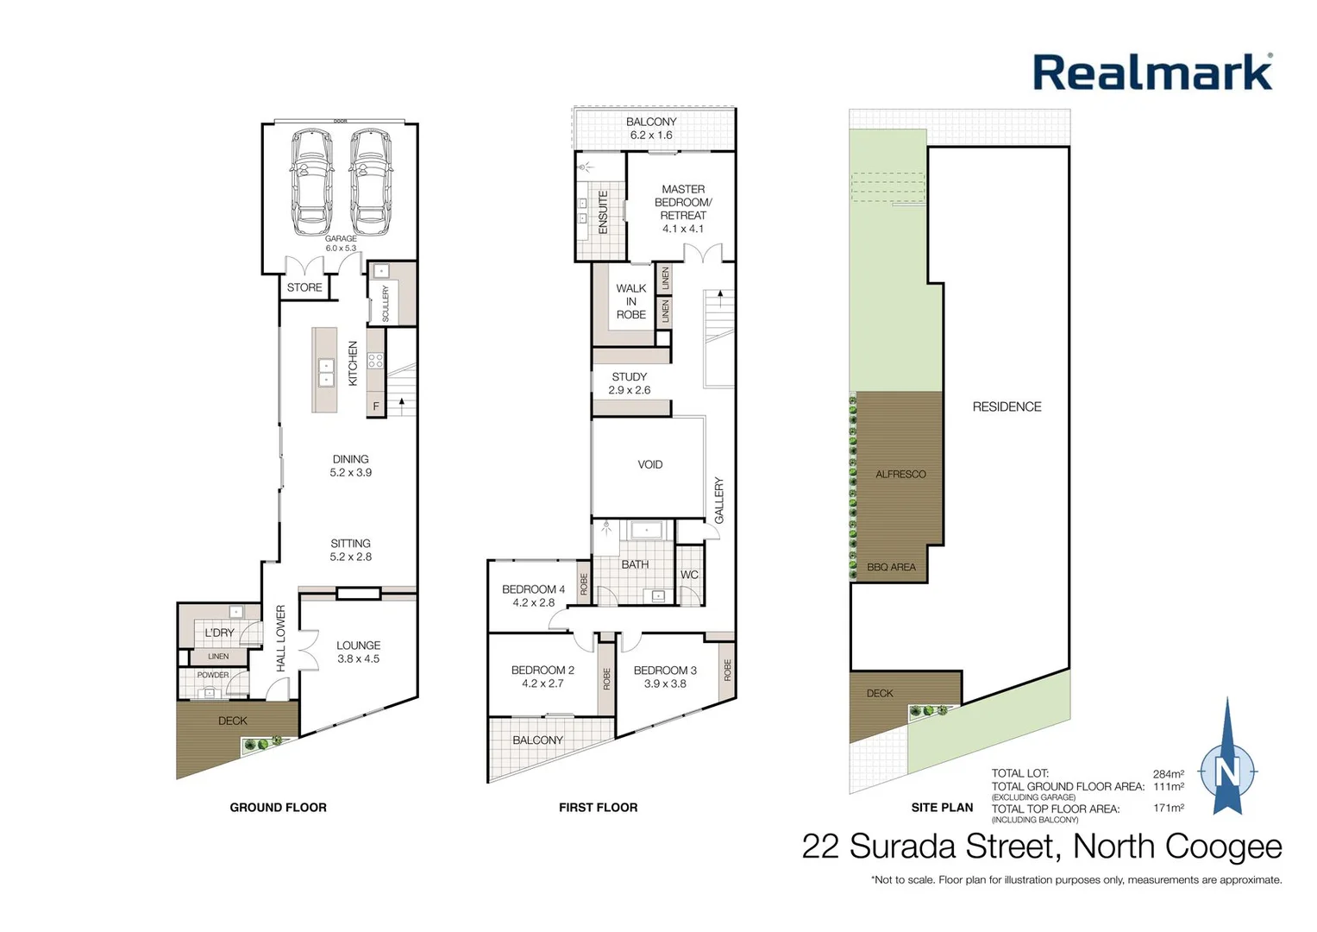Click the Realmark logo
click(x=1152, y=72)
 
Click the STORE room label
click(x=304, y=287)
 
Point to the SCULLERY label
click(x=386, y=304)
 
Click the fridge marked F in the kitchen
click(x=376, y=406)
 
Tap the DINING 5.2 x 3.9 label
click(x=350, y=466)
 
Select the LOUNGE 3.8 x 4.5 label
click(x=358, y=652)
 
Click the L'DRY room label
click(x=219, y=633)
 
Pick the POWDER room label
click(x=213, y=675)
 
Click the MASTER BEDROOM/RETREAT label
click(x=683, y=208)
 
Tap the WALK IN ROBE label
click(x=631, y=301)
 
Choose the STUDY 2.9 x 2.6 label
click(x=630, y=383)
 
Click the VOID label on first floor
click(x=650, y=464)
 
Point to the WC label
click(x=689, y=575)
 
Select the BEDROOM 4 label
click(x=533, y=595)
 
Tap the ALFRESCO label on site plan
click(x=900, y=474)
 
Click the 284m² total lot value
click(x=1168, y=774)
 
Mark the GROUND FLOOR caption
click(x=278, y=808)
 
